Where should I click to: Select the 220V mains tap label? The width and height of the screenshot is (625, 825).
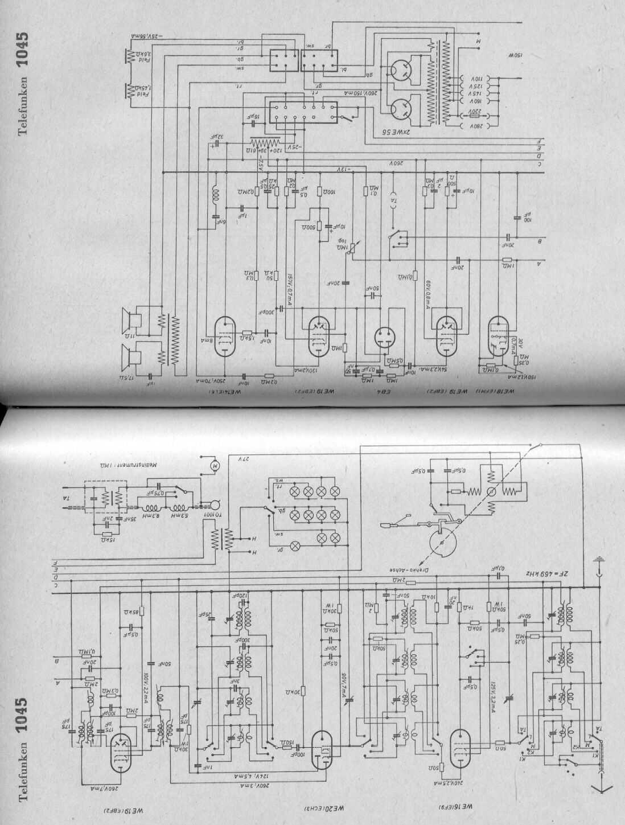click(475, 113)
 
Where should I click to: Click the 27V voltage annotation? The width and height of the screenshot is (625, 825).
click(240, 458)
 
